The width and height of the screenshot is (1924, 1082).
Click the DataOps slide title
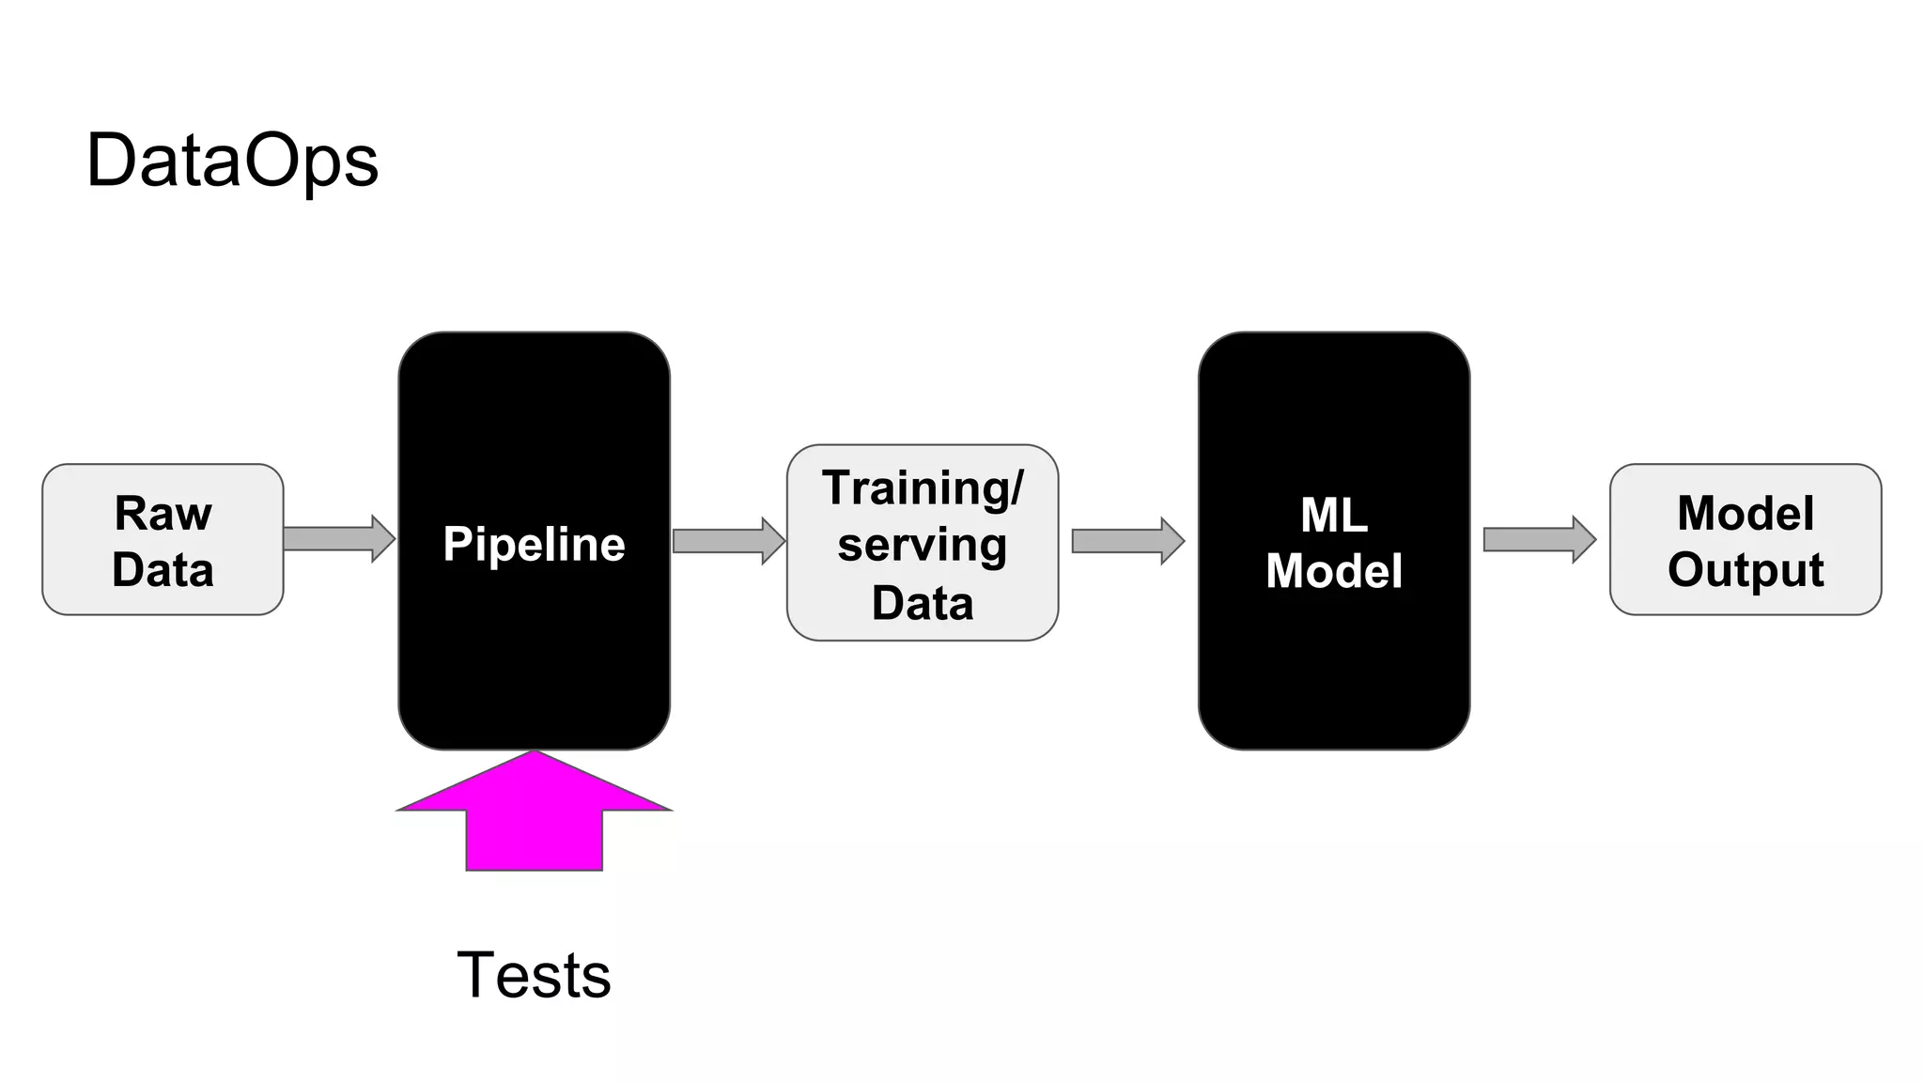pos(232,161)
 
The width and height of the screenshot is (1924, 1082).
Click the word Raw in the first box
pos(163,514)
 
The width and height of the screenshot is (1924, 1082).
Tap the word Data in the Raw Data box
pos(163,570)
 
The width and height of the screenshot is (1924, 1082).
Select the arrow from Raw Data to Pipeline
pos(338,538)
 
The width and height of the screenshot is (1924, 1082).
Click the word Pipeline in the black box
pos(534,545)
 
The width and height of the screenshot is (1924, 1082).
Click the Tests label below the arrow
pos(534,975)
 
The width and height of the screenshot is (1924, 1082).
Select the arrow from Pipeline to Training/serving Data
pos(728,541)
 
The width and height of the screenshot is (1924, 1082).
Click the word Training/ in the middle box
pos(922,488)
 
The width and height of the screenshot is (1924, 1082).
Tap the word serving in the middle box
pos(922,546)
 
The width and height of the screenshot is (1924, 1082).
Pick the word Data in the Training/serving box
pos(922,603)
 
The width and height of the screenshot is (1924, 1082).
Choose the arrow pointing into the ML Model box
pos(1127,541)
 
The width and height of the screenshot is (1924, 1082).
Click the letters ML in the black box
pos(1333,515)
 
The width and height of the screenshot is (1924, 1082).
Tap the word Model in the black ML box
pos(1333,571)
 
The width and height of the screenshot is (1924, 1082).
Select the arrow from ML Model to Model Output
pos(1539,539)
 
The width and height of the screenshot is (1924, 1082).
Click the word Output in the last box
pos(1746,570)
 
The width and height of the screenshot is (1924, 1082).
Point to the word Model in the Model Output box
pos(1746,514)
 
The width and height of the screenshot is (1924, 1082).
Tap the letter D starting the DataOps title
pos(109,161)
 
